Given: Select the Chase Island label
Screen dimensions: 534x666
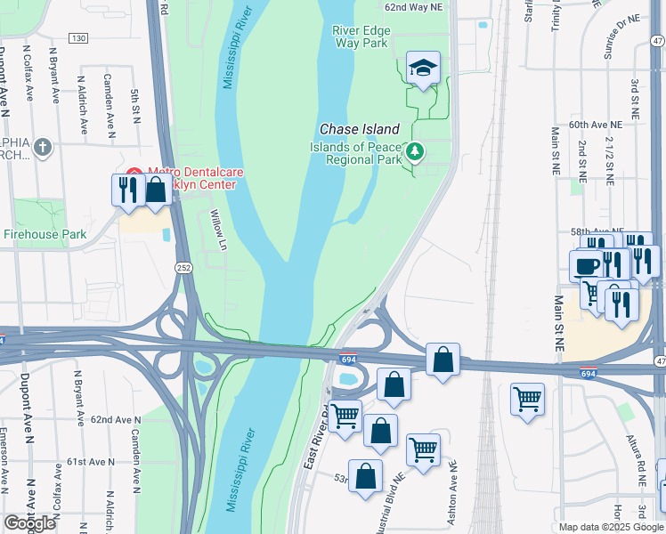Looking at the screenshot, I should [x=360, y=130].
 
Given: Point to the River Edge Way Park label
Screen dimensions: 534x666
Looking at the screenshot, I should [x=360, y=36].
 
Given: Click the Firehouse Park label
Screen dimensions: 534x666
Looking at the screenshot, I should [x=45, y=234].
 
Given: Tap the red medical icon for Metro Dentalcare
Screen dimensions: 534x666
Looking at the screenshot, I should [x=134, y=173].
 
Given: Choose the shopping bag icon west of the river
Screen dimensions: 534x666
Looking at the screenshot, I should [x=156, y=190].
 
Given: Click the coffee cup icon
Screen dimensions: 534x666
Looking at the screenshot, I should [x=587, y=265].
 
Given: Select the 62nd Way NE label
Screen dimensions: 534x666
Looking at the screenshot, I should [x=413, y=7].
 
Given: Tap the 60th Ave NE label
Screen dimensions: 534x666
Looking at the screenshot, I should [x=593, y=125].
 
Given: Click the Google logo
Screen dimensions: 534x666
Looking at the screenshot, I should [x=29, y=523].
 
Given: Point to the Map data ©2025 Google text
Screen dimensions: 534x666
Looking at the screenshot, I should [x=611, y=527].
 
